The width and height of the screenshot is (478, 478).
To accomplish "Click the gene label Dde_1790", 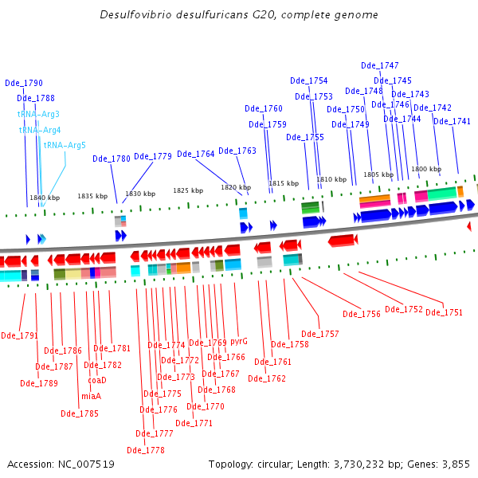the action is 24,83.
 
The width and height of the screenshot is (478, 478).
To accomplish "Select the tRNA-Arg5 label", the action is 65,145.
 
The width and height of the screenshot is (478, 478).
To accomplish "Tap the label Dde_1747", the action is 380,65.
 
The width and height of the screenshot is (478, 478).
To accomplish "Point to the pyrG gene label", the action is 239,342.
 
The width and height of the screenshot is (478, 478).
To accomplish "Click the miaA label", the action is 91,396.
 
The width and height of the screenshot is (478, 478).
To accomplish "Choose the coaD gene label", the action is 97,380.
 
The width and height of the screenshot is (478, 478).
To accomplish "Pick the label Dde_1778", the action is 146,450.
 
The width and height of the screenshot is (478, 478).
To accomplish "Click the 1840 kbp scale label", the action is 45,198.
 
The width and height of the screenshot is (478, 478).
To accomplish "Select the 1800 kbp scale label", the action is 426,169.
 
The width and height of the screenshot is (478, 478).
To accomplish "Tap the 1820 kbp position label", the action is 236,187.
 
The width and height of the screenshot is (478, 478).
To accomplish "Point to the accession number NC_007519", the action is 86,464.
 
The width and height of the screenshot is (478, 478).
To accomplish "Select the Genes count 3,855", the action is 456,464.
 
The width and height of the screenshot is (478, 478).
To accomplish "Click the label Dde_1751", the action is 445,312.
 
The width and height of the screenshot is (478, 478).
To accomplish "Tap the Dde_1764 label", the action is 196,154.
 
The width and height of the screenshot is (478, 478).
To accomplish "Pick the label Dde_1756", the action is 362,314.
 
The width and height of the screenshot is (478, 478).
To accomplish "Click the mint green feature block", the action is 442,194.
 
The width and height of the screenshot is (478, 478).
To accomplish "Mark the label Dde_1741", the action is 452,121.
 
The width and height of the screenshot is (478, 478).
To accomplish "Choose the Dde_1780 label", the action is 112,159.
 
